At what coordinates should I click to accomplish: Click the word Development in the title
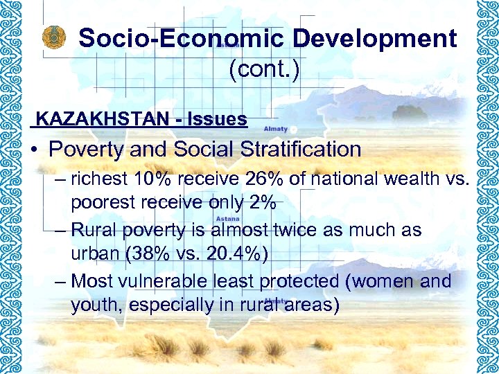click(x=374, y=38)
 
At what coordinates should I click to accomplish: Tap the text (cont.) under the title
click(x=263, y=69)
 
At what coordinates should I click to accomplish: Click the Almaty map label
click(x=276, y=129)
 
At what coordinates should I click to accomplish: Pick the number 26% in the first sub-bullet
click(x=263, y=179)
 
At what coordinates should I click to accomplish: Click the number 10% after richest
click(x=154, y=179)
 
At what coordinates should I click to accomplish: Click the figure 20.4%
click(x=233, y=253)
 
